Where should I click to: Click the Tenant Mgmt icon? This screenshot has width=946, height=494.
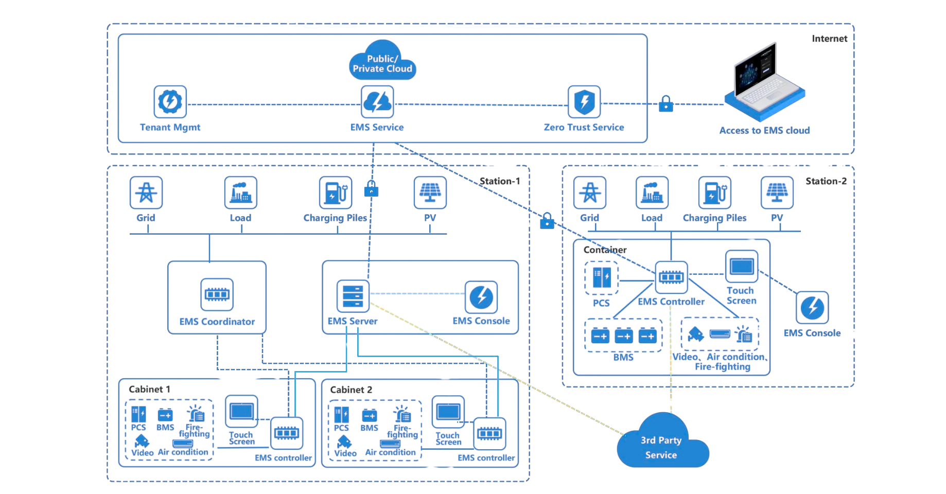[x=169, y=101]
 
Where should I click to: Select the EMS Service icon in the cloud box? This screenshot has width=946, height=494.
[x=377, y=102]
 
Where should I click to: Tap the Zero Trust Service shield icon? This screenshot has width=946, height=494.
[x=584, y=102]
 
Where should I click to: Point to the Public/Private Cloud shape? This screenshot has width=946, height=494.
[x=382, y=61]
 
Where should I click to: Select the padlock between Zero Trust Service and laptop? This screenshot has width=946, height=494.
[x=665, y=104]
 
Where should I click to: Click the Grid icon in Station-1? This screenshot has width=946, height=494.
[x=146, y=192]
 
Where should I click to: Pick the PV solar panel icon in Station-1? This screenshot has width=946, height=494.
[x=430, y=192]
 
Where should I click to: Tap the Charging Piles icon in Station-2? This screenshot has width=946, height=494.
[x=714, y=192]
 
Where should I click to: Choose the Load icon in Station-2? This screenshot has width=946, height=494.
[x=652, y=192]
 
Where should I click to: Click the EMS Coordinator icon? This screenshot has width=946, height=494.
[x=217, y=295]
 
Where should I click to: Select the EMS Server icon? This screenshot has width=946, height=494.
[x=353, y=295]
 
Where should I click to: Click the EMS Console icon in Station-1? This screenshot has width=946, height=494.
[x=481, y=297]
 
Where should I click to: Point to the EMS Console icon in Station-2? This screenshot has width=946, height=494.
[x=812, y=308]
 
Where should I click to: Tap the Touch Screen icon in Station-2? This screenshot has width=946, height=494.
[x=741, y=267]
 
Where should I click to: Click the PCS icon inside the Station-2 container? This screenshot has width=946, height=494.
[x=601, y=278]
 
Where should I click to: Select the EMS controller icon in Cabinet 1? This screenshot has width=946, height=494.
[x=287, y=433]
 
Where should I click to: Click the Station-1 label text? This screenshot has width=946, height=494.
[x=499, y=181]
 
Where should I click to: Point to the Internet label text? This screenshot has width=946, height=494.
[x=829, y=39]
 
